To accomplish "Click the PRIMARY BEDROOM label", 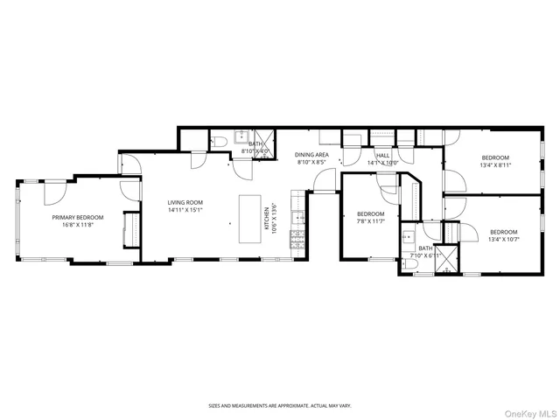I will point(77,217).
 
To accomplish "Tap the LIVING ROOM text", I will point(185,202).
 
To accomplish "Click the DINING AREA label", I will point(311,154).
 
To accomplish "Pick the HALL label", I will point(382,154).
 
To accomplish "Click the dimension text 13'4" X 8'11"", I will point(494,164).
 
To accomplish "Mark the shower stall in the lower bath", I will point(447,259).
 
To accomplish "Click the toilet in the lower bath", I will point(410,262).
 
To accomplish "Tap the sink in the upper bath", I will point(237,139).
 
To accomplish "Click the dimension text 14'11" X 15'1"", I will point(185,210).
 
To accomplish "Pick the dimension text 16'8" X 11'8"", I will point(77,225).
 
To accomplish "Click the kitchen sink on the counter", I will point(298,218).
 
